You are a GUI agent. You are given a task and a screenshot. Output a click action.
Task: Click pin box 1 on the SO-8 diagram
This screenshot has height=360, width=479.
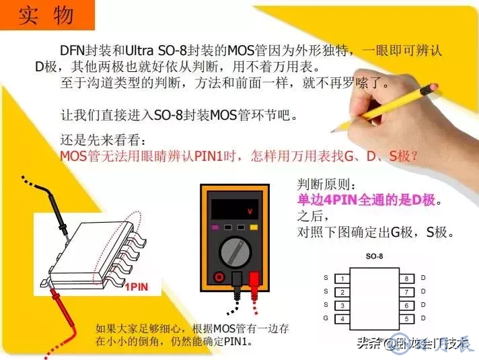tap(342, 279)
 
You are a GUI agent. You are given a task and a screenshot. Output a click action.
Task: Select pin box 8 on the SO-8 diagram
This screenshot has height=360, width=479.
tap(406, 278)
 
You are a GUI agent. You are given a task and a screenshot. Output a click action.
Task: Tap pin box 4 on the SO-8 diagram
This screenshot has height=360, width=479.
tap(342, 318)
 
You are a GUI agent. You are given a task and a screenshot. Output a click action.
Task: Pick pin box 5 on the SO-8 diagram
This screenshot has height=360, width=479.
tap(406, 318)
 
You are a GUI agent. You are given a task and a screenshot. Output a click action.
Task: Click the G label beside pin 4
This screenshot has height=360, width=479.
tap(326, 318)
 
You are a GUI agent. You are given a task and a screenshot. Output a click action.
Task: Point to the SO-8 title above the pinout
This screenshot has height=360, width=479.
tap(374, 257)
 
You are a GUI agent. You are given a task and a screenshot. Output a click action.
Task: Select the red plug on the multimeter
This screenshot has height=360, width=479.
tap(254, 281)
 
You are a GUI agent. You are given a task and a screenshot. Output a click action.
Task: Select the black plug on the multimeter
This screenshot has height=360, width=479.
tap(236, 281)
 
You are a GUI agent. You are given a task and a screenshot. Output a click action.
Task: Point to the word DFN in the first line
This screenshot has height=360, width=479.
tap(72, 50)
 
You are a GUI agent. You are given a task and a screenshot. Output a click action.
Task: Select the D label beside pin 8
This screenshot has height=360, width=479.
tap(423, 278)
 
